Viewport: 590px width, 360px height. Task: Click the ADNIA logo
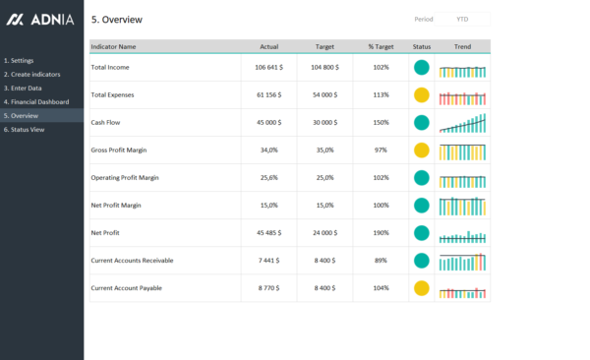41,19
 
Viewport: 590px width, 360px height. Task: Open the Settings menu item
20,60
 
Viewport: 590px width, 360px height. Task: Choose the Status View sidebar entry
25,129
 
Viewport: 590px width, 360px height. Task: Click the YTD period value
462,19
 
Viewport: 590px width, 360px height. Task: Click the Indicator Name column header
113,46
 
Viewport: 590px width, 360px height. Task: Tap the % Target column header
381,46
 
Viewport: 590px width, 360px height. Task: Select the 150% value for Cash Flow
381,122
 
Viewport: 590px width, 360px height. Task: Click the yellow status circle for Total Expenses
422,95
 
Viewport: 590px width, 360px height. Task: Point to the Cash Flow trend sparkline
462,123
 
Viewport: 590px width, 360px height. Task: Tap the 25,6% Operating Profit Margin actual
268,177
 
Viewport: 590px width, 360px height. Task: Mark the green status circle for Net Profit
422,233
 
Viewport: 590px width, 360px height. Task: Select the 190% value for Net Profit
381,233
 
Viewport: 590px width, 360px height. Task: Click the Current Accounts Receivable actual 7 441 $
269,261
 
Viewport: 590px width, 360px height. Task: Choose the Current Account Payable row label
126,288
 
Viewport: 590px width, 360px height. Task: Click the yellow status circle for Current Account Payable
422,288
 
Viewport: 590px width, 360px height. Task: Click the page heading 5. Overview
116,19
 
